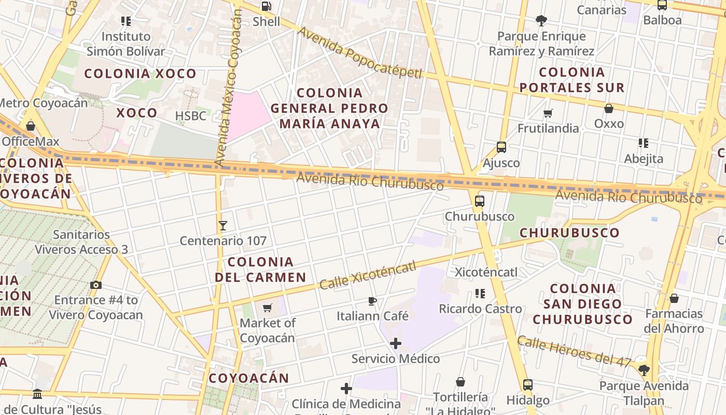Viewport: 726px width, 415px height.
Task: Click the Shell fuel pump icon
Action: point(266,6)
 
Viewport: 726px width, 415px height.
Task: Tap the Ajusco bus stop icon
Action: point(501,147)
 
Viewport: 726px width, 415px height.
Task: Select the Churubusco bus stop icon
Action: point(480,201)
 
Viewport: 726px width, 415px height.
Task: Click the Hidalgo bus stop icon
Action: point(527,385)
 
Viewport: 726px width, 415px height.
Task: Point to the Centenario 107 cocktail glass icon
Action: point(223,225)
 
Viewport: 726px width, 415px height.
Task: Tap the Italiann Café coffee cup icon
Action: point(372,301)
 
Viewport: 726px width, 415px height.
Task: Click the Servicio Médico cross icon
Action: point(396,343)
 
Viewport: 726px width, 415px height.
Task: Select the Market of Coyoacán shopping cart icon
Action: point(268,308)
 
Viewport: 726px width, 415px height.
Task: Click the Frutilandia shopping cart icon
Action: point(548,113)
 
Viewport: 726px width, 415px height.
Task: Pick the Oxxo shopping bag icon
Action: point(609,108)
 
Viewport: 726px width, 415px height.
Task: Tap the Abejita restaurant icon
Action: point(644,143)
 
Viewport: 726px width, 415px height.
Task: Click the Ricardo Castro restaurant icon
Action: point(480,294)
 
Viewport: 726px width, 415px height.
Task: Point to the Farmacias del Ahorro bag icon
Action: point(674,298)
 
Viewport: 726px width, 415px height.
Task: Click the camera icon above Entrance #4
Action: point(96,285)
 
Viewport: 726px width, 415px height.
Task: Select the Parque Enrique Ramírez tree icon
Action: point(541,21)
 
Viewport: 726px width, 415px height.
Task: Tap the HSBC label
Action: point(191,116)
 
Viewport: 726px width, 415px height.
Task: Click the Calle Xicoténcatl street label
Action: point(368,275)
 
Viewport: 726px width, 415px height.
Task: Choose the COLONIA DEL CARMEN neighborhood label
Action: point(260,269)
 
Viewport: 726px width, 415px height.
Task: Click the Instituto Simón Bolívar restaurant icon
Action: point(125,21)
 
